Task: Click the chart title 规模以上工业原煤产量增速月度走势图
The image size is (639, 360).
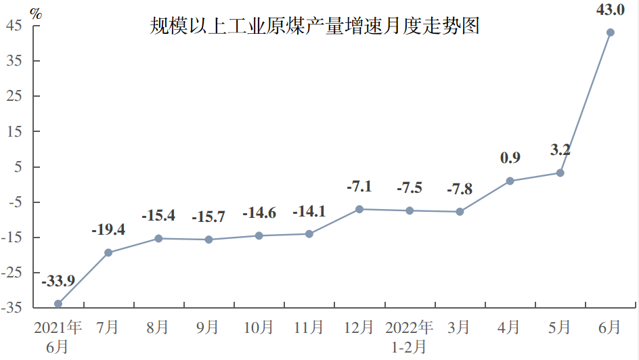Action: coord(315,26)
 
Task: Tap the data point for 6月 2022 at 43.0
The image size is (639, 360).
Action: coord(610,32)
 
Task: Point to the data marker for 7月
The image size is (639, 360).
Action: coord(108,252)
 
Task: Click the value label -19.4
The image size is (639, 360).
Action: coord(108,229)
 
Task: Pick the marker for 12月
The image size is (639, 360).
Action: coord(359,209)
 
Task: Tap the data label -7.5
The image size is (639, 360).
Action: coord(409,187)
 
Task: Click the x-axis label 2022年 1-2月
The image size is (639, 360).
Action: coord(410,337)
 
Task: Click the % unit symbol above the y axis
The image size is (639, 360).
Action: coord(36,12)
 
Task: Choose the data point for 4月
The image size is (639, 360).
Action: coord(510,181)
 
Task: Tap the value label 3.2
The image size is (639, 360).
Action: coord(560,150)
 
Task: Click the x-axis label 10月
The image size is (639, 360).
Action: coord(259,328)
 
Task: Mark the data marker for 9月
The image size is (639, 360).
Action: coord(208,240)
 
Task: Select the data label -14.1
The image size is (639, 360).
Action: coord(309,211)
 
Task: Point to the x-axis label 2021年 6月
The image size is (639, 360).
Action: coord(58,337)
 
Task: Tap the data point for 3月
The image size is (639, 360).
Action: coord(460,212)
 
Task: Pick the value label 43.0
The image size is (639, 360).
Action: coord(610,10)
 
